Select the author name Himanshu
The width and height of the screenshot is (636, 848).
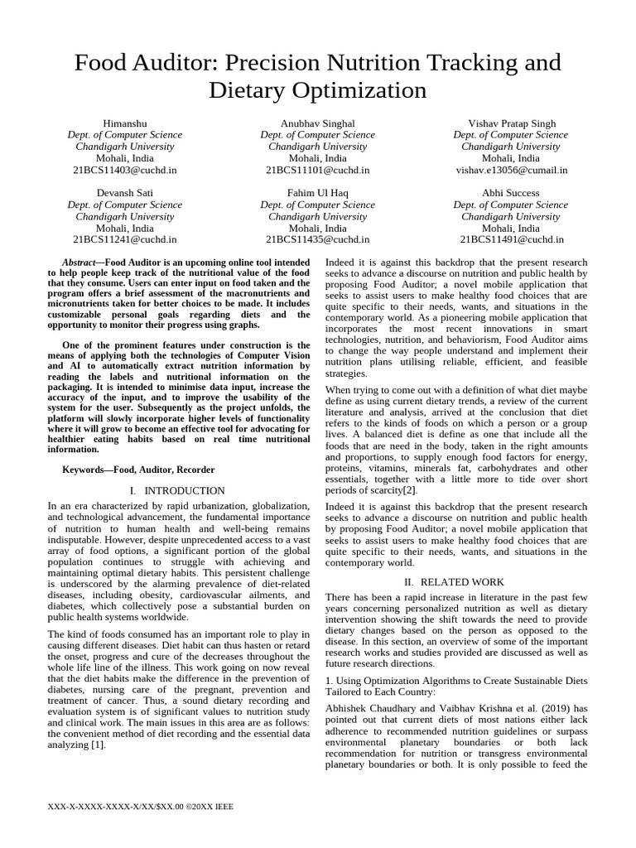pyautogui.click(x=124, y=123)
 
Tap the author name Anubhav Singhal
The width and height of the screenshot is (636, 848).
pyautogui.click(x=317, y=123)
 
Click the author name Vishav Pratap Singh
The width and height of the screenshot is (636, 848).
pyautogui.click(x=511, y=123)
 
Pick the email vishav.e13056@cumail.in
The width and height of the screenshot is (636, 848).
pyautogui.click(x=511, y=170)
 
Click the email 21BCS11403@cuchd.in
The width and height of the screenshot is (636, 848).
pyautogui.click(x=124, y=170)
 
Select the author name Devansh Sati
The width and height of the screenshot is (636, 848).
pyautogui.click(x=124, y=193)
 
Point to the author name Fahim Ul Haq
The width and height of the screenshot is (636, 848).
pyautogui.click(x=317, y=193)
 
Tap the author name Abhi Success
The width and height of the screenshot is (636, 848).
pyautogui.click(x=511, y=193)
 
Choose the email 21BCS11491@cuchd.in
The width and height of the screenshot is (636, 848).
pyautogui.click(x=511, y=239)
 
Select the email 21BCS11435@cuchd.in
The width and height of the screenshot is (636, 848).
pyautogui.click(x=317, y=239)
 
